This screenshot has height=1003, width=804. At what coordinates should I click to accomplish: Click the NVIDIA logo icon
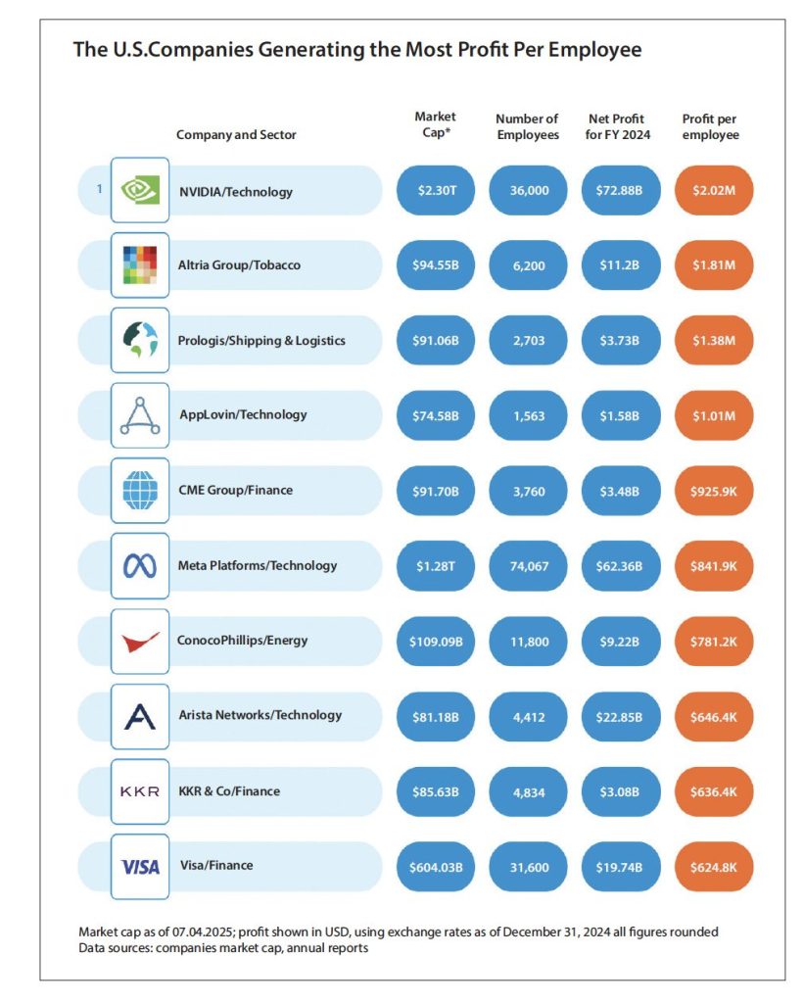140,191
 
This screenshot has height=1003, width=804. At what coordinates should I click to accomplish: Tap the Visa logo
140,866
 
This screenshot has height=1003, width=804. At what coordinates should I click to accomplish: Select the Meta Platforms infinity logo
140,565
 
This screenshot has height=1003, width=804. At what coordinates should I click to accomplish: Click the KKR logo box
140,790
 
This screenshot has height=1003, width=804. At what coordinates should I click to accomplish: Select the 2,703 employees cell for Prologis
528,340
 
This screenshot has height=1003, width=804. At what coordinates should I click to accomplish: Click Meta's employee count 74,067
528,565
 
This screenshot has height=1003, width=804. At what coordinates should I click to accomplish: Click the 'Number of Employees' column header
528,126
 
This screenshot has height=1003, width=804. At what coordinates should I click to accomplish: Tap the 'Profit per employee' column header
710,126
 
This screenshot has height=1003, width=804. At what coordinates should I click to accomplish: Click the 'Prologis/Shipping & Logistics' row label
261,340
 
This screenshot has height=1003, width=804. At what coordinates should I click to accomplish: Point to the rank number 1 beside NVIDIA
99,190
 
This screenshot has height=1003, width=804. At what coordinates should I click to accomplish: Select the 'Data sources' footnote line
223,948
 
